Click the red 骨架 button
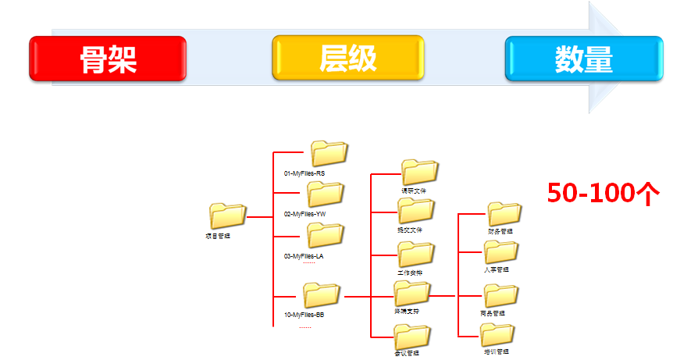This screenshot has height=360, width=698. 108,59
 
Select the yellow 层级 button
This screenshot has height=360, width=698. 347,59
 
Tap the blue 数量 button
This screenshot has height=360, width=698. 583,59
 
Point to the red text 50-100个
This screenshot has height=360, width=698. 604,193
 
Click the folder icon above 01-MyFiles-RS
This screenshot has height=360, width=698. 329,154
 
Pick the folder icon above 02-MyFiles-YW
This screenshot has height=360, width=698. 326,194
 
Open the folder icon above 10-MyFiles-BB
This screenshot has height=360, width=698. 322,295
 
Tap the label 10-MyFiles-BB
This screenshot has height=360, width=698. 304,315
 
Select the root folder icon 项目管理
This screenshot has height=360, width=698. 228,216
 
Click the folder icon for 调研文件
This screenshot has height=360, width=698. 420,172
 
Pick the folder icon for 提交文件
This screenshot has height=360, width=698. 415,211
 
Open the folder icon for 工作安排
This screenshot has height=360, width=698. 415,255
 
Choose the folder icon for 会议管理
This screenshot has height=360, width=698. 412,337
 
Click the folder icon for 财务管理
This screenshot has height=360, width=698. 504,214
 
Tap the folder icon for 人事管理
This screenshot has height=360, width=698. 500,252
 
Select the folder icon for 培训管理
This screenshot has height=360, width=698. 497,335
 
